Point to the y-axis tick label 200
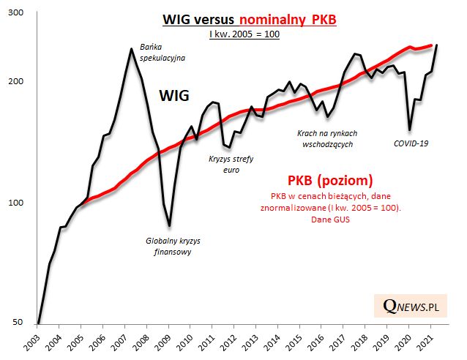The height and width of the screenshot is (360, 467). click(x=15, y=81)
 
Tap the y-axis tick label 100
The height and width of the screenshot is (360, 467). click(x=15, y=203)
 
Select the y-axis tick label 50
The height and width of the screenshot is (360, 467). click(x=18, y=322)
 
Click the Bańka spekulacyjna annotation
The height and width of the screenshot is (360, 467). click(x=162, y=51)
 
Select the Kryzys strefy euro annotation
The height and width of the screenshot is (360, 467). click(x=231, y=165)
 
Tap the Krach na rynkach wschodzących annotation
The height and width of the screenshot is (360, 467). click(x=327, y=139)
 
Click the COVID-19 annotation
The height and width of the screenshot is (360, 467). click(x=410, y=143)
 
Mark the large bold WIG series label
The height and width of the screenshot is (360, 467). click(x=175, y=95)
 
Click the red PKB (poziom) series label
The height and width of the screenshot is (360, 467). click(x=329, y=180)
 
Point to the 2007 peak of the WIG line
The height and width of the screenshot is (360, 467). click(x=131, y=49)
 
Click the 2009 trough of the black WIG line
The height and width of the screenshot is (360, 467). click(x=169, y=225)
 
